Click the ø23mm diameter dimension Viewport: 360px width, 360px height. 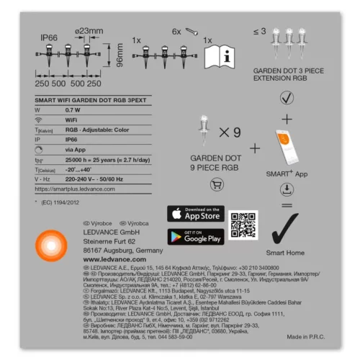tap(89, 30)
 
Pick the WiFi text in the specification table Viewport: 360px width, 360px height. tap(71, 120)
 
